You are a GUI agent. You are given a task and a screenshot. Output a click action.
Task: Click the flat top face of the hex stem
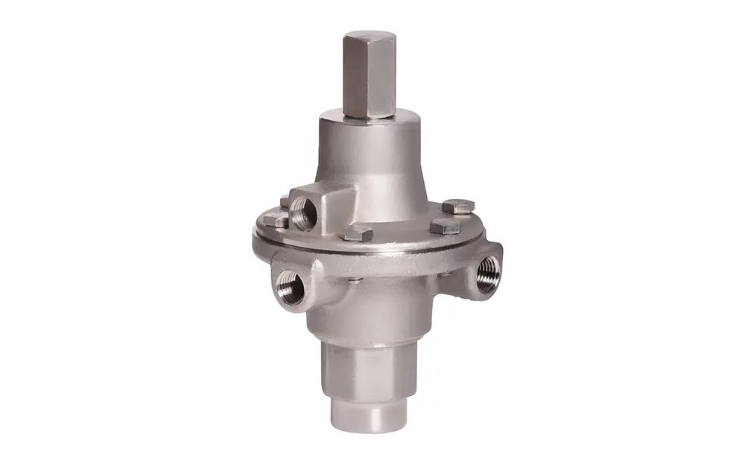[370, 35]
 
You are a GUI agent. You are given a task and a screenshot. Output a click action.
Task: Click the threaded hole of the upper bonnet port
[304, 214]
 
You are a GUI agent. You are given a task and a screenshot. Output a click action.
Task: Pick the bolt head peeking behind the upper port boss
[285, 200]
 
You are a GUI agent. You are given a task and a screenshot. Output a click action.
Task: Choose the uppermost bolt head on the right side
[458, 206]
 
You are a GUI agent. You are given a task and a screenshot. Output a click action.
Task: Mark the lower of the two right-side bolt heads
[445, 226]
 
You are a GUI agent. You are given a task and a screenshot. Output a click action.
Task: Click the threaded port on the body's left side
[289, 286]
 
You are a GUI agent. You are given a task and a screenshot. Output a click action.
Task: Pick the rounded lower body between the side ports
[372, 306]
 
